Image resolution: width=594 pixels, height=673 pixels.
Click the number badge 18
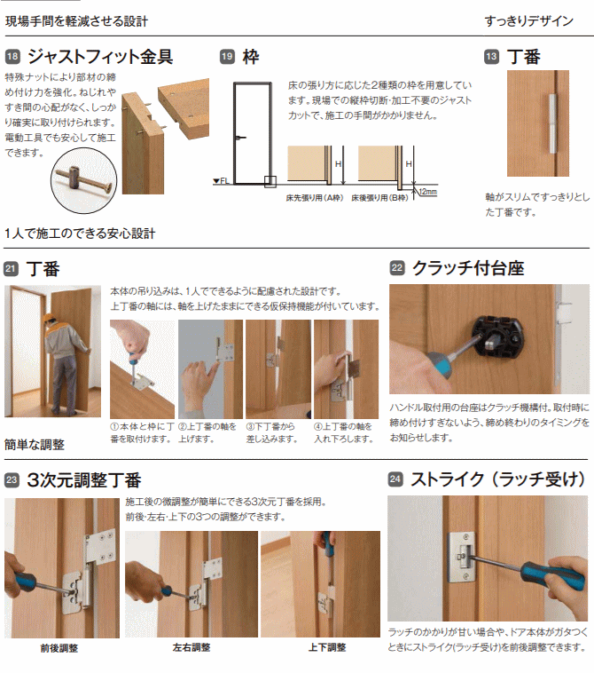click(x=12, y=57)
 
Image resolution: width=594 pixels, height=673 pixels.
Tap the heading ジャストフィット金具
click(x=99, y=57)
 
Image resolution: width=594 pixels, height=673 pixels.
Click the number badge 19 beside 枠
click(x=227, y=57)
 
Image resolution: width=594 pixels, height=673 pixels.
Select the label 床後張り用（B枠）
click(x=380, y=198)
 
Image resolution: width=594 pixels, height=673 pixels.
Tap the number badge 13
click(x=491, y=57)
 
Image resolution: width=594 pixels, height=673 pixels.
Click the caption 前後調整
click(x=60, y=647)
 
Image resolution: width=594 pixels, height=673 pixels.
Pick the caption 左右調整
click(x=191, y=647)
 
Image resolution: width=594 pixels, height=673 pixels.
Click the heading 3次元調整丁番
click(x=83, y=480)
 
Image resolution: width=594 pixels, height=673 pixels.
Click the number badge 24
click(x=395, y=480)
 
